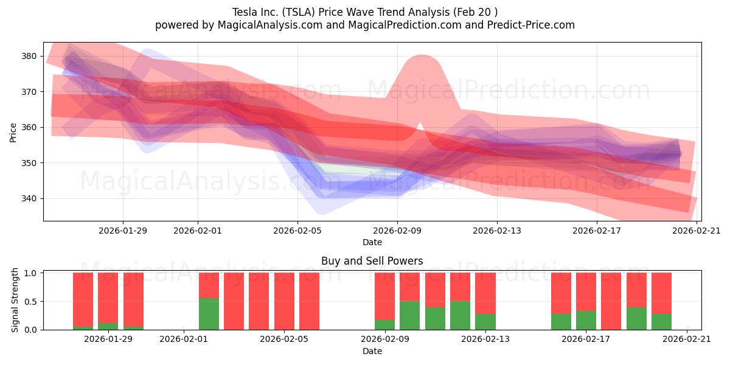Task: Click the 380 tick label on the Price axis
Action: [x=29, y=56]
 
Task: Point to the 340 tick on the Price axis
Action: [x=29, y=198]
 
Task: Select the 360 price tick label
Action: [x=29, y=127]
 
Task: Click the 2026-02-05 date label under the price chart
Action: [x=297, y=231]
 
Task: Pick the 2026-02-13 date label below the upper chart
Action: [x=497, y=231]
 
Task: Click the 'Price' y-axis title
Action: [x=13, y=131]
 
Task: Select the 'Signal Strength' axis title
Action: [x=15, y=301]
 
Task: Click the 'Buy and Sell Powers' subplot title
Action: [x=372, y=262]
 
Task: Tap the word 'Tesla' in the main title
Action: [x=245, y=12]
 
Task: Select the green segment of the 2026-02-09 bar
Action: [x=384, y=325]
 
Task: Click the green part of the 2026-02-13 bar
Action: [x=485, y=322]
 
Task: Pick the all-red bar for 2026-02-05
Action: [x=284, y=301]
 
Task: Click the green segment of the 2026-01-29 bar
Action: [x=108, y=327]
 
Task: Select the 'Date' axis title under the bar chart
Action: [x=372, y=351]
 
